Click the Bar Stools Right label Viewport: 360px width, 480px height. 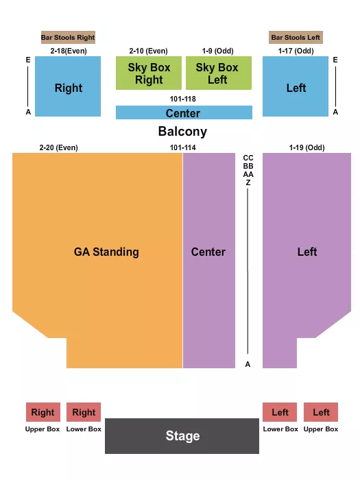(x=68, y=37)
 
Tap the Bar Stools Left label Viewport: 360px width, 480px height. (x=296, y=37)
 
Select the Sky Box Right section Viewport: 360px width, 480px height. (x=149, y=73)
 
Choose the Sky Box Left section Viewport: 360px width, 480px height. (x=217, y=73)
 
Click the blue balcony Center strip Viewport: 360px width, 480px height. (x=183, y=113)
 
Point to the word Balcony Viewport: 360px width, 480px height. (x=182, y=132)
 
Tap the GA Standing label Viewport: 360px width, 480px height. (x=106, y=252)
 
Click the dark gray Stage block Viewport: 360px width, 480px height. (x=182, y=435)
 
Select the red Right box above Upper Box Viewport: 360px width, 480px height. (x=43, y=412)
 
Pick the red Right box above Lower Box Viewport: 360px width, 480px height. (x=84, y=412)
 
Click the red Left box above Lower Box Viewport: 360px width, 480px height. (x=280, y=412)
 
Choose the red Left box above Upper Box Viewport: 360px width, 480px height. (x=321, y=412)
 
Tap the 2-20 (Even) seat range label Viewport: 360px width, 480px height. (x=59, y=147)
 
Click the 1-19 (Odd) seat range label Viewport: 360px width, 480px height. (x=307, y=147)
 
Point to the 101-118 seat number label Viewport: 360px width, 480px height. (x=183, y=99)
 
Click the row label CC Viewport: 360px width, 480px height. (x=248, y=158)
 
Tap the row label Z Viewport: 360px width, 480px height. (x=248, y=182)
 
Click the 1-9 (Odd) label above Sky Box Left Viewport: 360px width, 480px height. (x=217, y=51)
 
